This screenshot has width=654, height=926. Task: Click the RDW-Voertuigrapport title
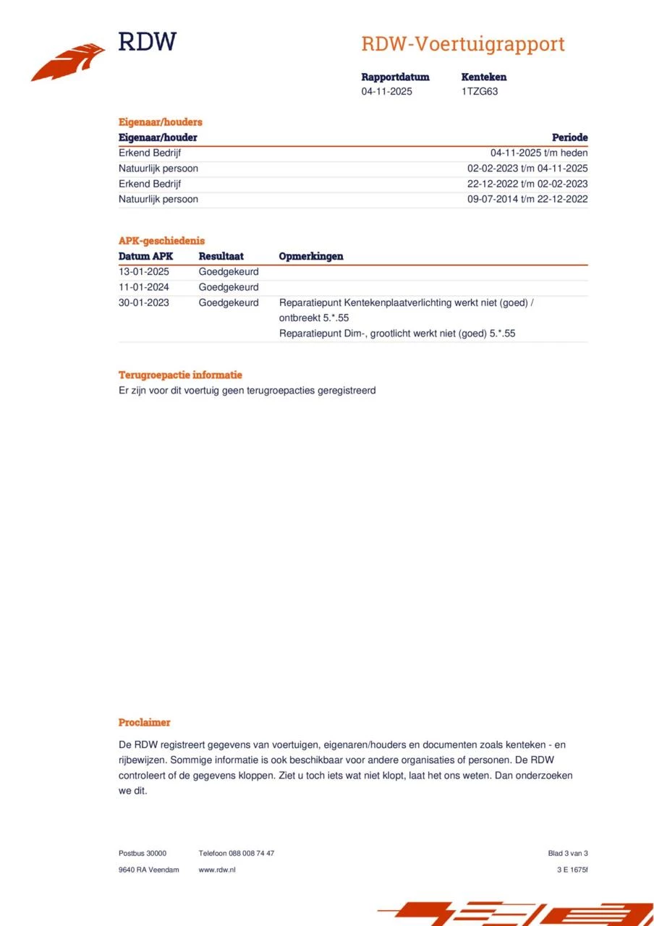pos(463,44)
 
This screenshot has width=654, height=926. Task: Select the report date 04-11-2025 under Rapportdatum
pos(387,92)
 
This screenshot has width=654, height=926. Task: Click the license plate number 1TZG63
pos(480,92)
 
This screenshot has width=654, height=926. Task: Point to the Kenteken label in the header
pos(484,77)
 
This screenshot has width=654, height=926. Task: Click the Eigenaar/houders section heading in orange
pos(161,122)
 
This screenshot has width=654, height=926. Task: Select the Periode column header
pos(569,137)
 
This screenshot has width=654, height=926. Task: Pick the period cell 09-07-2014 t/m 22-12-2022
pos(527,199)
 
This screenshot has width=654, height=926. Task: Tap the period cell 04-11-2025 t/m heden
pos(539,153)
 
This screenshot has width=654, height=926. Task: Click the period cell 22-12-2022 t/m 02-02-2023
pos(527,184)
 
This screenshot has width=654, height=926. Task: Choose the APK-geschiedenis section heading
pos(161,241)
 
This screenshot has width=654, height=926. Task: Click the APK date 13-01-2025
pos(144,272)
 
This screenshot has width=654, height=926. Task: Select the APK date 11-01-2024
pos(144,287)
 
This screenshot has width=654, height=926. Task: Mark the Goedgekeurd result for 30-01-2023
pos(229,302)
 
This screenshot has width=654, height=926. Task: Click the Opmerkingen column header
pos(311,256)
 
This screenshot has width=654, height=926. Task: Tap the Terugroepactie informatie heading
pos(180,375)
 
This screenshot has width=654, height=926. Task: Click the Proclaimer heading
pos(145,722)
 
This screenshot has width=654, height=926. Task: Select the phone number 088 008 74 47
pos(251,854)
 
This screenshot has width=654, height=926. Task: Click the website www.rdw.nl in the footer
pos(217,870)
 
